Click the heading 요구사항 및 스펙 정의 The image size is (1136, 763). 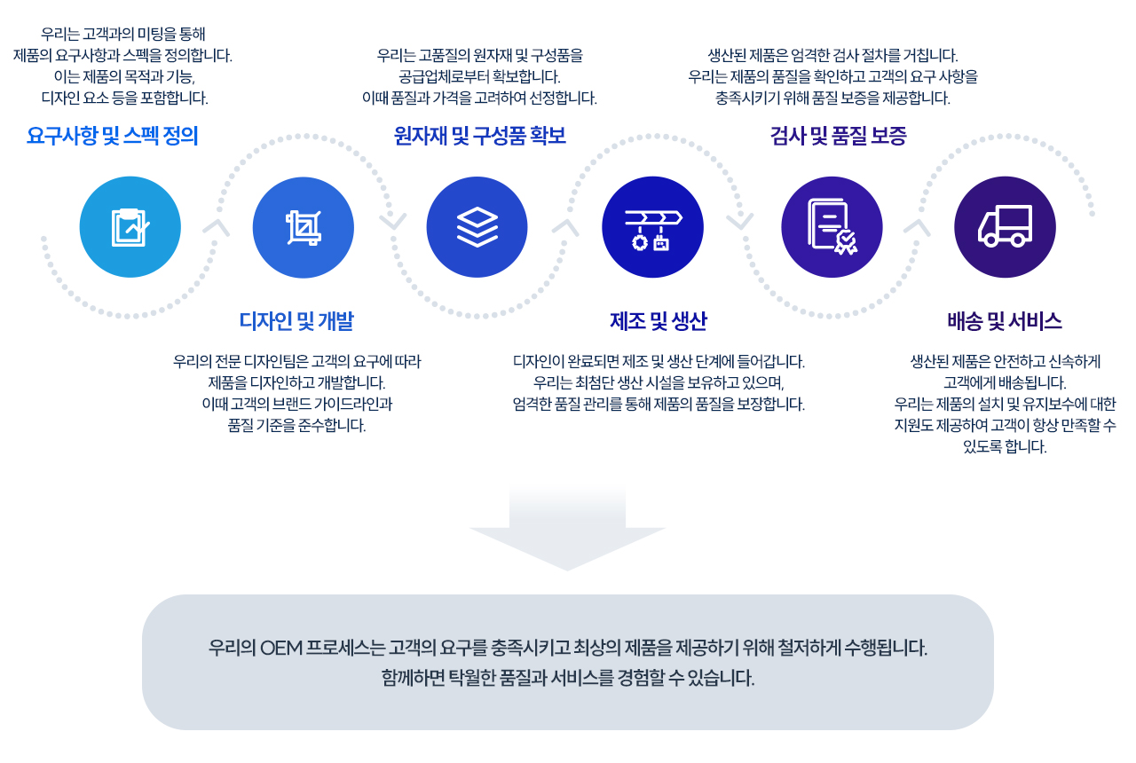click(112, 136)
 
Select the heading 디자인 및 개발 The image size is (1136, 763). click(296, 321)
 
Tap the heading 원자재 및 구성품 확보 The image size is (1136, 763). click(480, 136)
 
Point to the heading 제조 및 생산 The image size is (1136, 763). click(659, 321)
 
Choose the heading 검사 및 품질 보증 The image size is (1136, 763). click(839, 136)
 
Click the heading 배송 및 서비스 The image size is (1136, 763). click(1005, 321)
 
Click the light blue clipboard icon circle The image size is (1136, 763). click(130, 227)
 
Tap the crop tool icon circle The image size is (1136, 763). click(304, 227)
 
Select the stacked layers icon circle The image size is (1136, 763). click(477, 227)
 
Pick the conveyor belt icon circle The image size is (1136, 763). click(652, 227)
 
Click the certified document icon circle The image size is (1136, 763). click(832, 227)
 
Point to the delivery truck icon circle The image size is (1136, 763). click(1006, 227)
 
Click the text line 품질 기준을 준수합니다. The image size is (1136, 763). click(296, 425)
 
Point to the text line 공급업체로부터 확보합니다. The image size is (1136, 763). click(479, 76)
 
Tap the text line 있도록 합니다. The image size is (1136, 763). click(1005, 446)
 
